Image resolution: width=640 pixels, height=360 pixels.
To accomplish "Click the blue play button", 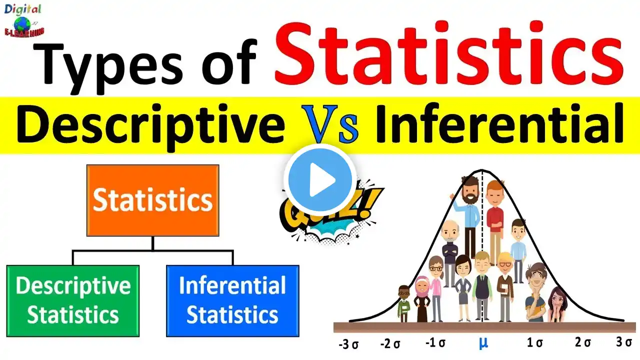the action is (320, 180).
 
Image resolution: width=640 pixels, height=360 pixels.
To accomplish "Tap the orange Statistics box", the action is (153, 200).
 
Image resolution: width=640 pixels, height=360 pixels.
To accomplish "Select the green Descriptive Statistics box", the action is (73, 301).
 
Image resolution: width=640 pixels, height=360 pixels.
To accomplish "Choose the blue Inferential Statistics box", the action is (232, 301).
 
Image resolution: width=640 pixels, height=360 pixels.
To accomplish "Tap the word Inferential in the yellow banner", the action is (499, 124).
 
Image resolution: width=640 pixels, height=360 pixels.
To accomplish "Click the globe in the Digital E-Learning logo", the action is (22, 24).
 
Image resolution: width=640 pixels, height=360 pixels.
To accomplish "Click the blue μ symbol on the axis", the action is (483, 343).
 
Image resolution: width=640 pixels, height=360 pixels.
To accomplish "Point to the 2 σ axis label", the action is (583, 342).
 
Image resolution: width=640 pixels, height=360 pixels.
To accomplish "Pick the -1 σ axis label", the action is (435, 342).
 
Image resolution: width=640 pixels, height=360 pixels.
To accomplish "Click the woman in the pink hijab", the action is (422, 299).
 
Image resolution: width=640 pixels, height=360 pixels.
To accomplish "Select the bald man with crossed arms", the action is (449, 253).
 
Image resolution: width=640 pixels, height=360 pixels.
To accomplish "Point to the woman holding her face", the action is (557, 304).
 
